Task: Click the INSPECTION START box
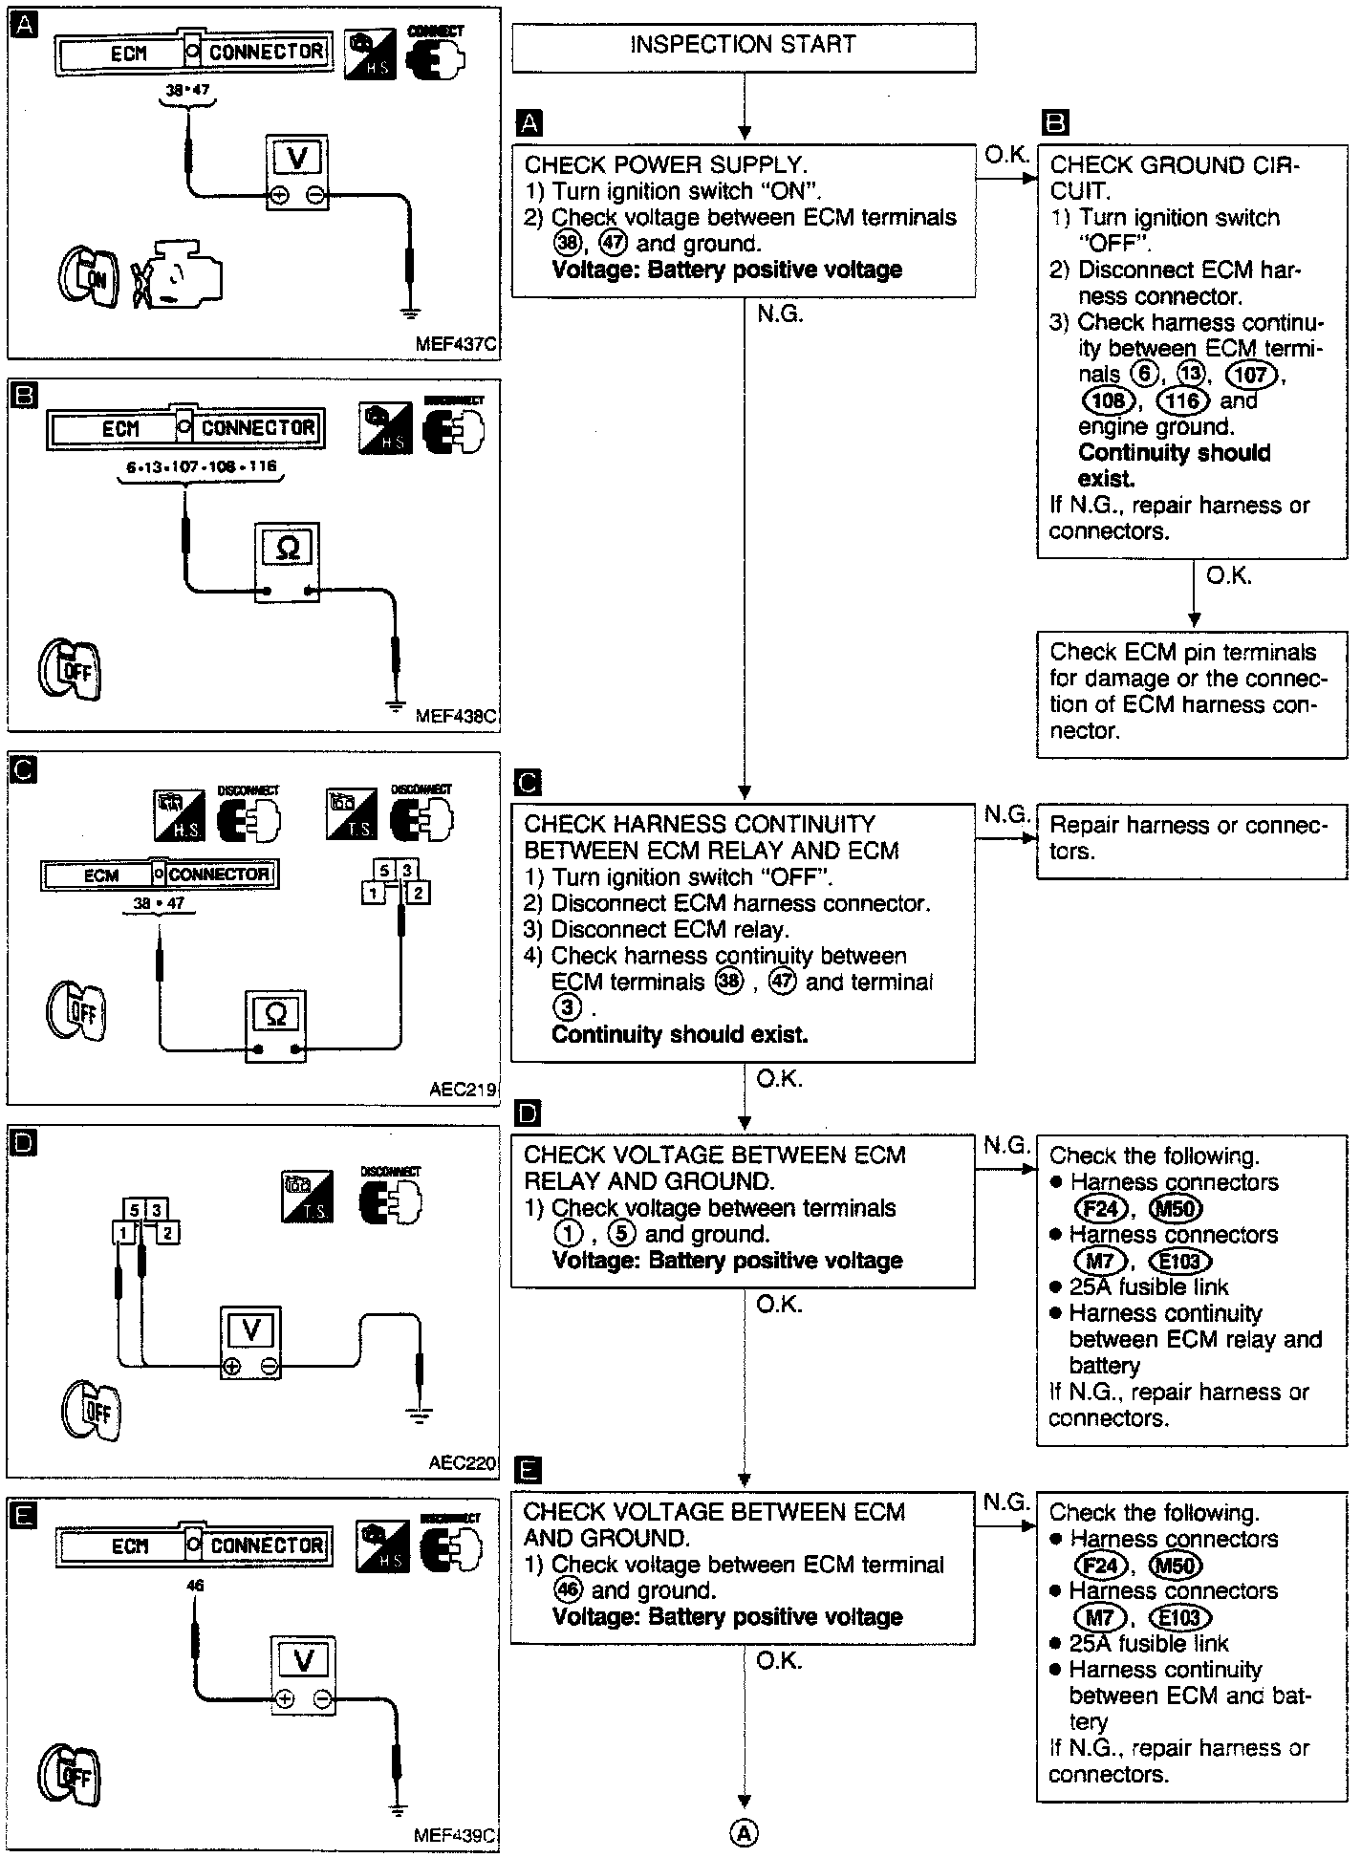point(744,46)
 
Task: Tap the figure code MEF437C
point(457,344)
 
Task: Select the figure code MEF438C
point(457,716)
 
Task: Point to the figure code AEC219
point(463,1090)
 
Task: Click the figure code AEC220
point(463,1462)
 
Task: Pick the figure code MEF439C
point(456,1836)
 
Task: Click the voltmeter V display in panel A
point(296,158)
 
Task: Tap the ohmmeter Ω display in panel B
point(287,548)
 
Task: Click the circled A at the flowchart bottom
point(745,1831)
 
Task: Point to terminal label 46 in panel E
point(195,1586)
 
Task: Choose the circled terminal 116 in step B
point(1183,400)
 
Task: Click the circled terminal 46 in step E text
point(568,1590)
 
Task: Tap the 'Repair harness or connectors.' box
point(1191,838)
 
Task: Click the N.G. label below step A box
point(780,314)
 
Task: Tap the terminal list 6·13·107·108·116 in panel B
point(201,467)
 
